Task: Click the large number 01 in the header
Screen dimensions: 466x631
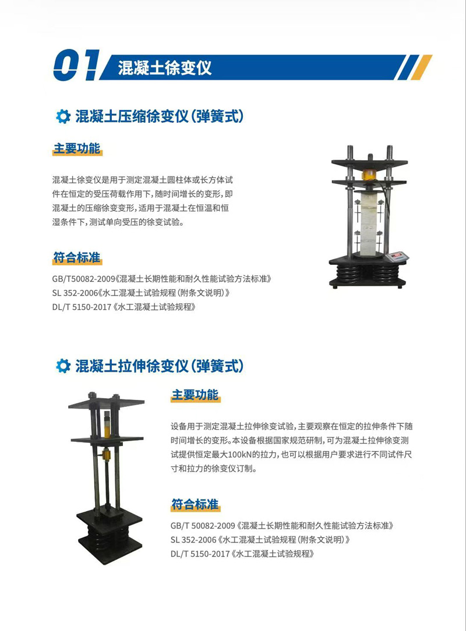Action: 76,65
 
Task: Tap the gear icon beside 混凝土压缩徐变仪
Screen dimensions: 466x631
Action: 63,116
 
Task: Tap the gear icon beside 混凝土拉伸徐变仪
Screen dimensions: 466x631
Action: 63,366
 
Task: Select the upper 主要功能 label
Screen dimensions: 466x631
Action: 77,148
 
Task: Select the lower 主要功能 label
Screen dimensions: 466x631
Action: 195,395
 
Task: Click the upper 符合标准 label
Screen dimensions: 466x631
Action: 77,257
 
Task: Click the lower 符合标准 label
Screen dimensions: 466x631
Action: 195,504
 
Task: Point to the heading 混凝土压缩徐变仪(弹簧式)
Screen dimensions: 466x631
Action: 160,116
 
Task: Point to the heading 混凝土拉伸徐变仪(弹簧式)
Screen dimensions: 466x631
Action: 160,366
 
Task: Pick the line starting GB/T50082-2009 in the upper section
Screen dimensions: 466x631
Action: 162,279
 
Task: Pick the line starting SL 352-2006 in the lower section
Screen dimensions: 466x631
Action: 260,540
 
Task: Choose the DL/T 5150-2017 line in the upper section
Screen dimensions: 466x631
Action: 124,307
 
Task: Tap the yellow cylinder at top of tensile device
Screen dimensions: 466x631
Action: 107,424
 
